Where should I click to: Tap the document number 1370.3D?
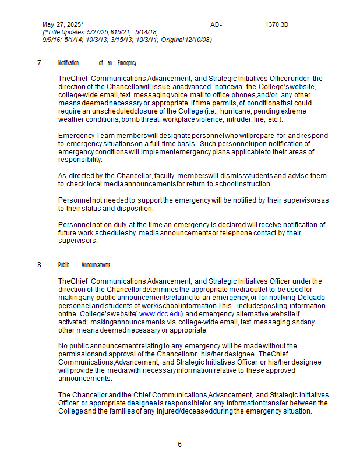click(277, 25)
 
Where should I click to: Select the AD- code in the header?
click(216, 25)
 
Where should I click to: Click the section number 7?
click(40, 63)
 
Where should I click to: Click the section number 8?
click(40, 265)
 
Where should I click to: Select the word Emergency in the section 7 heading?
click(127, 63)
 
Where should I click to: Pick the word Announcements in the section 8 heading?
click(96, 265)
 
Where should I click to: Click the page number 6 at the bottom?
click(179, 444)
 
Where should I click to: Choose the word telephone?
click(236, 233)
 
